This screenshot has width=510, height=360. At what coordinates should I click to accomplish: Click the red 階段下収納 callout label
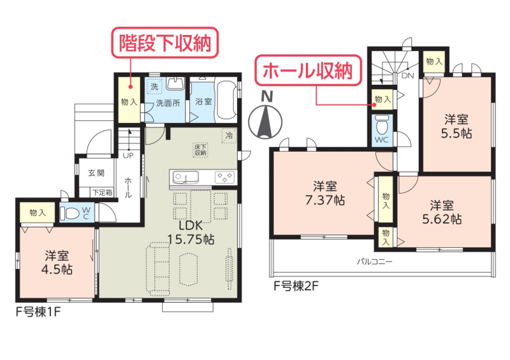pos(165,43)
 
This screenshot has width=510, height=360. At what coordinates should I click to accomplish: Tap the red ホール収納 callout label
pos(308,71)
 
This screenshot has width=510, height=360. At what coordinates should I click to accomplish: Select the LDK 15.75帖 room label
pos(191,232)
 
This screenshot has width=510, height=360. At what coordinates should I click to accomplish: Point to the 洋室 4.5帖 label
pos(57,263)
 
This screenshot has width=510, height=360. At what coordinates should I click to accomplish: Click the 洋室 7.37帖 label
pos(324,193)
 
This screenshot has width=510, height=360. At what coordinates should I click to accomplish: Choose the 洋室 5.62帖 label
pos(442,212)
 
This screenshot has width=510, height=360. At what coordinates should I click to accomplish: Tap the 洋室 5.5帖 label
pos(456,126)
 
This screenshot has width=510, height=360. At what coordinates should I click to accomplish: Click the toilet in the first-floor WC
pos(69,213)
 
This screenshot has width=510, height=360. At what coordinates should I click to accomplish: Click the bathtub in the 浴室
pos(227,100)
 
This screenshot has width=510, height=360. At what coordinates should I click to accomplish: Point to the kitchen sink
pos(185,178)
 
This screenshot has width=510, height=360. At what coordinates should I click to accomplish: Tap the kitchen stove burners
pos(224,177)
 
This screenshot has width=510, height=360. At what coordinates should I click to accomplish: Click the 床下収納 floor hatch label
pos(200,150)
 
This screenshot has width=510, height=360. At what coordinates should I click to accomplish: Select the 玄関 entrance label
pos(96,173)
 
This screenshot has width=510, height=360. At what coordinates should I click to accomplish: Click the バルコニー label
pos(375,261)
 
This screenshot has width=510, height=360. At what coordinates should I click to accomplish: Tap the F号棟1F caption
pos(38,312)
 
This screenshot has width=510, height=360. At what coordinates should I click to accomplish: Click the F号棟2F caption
pos(296,286)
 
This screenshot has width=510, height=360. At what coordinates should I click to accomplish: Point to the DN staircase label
pos(407,76)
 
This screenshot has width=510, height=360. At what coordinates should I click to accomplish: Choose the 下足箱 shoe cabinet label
pos(103,192)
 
